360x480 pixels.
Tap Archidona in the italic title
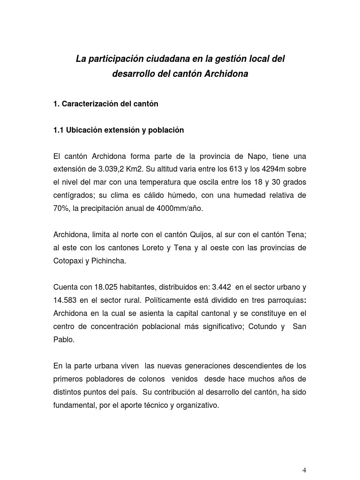coord(226,74)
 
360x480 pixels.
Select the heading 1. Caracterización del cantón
coord(106,104)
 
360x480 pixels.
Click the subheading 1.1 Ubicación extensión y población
coord(119,130)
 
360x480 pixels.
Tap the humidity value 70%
coord(61,209)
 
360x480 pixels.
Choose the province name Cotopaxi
coord(67,261)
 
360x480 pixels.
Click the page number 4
coord(304,470)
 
